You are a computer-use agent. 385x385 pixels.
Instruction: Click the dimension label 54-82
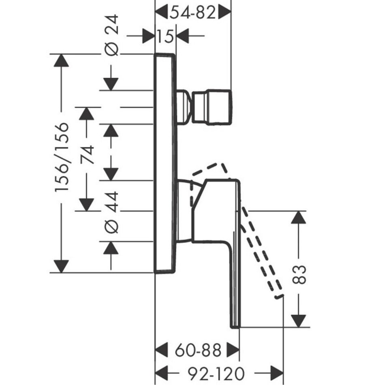[193, 13]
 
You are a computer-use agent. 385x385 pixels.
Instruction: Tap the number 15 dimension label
[165, 36]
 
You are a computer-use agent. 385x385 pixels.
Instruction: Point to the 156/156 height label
[62, 158]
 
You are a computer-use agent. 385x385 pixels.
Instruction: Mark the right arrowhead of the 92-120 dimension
[276, 371]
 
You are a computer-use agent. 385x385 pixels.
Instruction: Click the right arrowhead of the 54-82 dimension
[225, 13]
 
